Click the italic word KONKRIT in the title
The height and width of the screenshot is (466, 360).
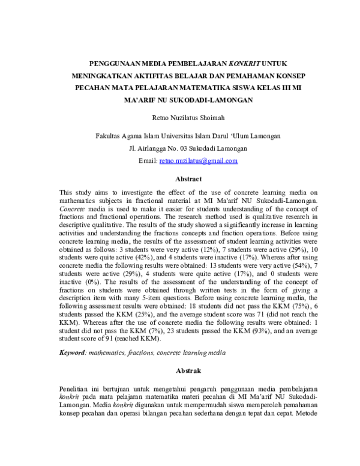coord(244,62)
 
